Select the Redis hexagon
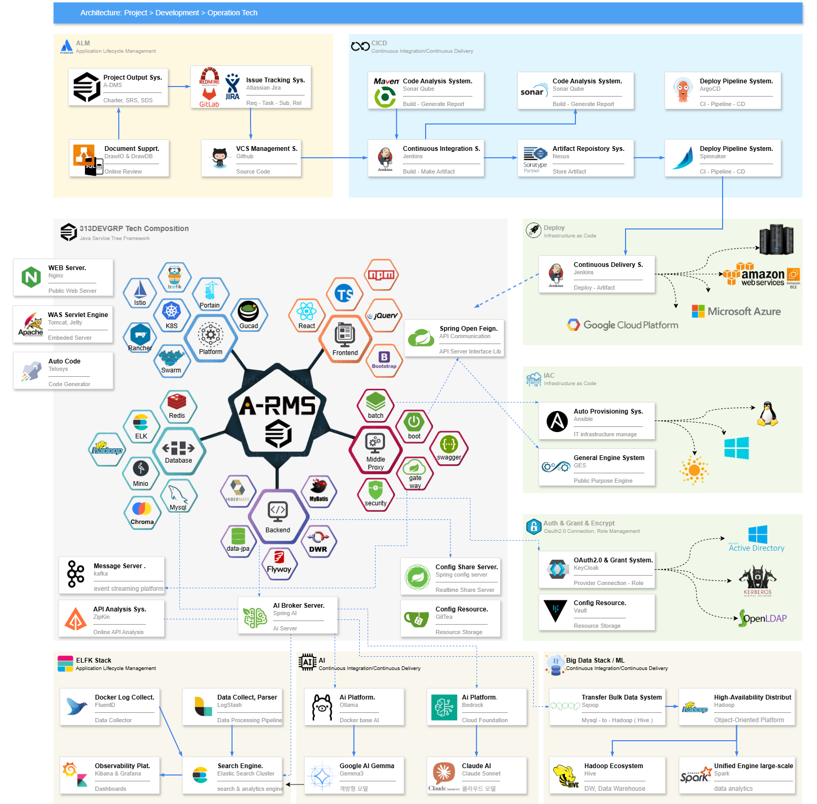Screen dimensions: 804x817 [x=177, y=406]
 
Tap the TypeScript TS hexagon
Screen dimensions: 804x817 [x=344, y=294]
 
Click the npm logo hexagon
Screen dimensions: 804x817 [x=381, y=274]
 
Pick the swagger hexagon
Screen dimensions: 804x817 [x=449, y=447]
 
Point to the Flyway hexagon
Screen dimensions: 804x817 [x=279, y=563]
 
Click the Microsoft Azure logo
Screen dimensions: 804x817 [x=736, y=311]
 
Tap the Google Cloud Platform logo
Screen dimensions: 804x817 [x=623, y=325]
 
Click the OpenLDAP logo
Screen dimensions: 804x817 [x=763, y=618]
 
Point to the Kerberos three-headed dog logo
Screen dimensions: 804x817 [x=757, y=579]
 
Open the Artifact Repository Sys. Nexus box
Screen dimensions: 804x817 [x=575, y=158]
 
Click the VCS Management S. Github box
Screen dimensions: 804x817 [x=251, y=158]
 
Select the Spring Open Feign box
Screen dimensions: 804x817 [x=454, y=338]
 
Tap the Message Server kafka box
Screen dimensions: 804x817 [x=112, y=576]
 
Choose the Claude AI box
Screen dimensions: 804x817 [x=476, y=775]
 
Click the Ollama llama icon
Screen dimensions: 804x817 [x=322, y=707]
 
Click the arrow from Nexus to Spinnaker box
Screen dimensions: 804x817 [x=649, y=158]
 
